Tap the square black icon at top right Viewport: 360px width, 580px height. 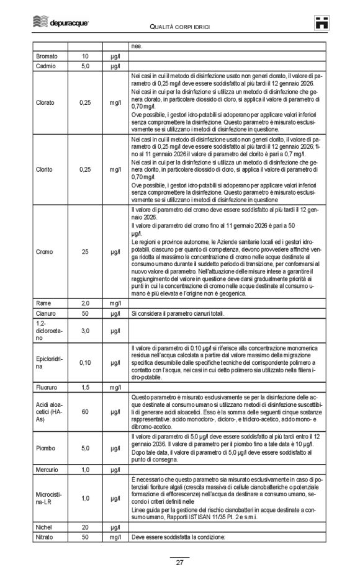(x=321, y=22)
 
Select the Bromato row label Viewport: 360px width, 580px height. (x=47, y=56)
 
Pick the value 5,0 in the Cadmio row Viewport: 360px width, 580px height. (x=86, y=65)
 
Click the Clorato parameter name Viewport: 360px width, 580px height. (x=45, y=102)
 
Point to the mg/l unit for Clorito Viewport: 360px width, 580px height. (x=115, y=169)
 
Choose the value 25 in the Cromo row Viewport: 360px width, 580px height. (x=86, y=252)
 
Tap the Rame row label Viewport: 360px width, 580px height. (x=44, y=303)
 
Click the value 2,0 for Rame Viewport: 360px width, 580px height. (x=86, y=303)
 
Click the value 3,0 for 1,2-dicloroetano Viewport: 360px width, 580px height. (x=86, y=331)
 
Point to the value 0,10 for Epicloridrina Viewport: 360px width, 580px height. (x=86, y=362)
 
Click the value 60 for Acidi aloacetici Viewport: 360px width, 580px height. (x=86, y=411)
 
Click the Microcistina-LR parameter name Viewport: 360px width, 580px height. (x=47, y=498)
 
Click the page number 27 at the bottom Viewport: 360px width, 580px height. (x=179, y=563)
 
